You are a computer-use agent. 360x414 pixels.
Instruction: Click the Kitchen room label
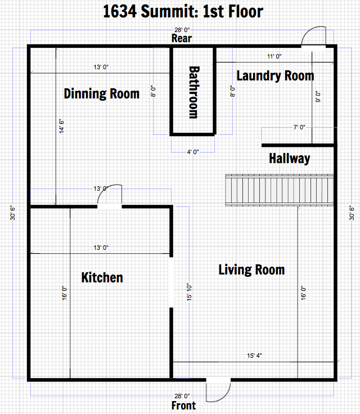tap(102, 277)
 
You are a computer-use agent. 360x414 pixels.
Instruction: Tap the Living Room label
tap(251, 270)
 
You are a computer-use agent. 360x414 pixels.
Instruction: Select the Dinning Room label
tap(102, 94)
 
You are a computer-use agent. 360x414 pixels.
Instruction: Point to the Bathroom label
tap(194, 92)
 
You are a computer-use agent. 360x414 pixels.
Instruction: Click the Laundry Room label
tap(275, 76)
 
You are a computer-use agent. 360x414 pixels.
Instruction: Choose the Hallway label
tap(290, 159)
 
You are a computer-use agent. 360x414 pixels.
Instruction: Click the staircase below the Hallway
tap(280, 190)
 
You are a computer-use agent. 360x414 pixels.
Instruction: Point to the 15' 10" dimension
tap(189, 292)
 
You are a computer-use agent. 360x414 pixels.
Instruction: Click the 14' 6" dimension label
tap(61, 126)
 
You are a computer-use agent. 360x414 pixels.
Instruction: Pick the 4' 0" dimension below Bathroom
tap(193, 152)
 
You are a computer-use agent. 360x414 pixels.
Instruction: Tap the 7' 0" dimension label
tap(299, 127)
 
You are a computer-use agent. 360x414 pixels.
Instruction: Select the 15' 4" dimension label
tap(254, 355)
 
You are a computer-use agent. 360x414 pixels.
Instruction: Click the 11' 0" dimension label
tap(274, 56)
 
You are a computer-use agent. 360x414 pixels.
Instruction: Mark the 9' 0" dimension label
tap(318, 97)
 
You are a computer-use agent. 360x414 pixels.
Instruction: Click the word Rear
tap(182, 39)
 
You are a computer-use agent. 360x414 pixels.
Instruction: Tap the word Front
tap(183, 406)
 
